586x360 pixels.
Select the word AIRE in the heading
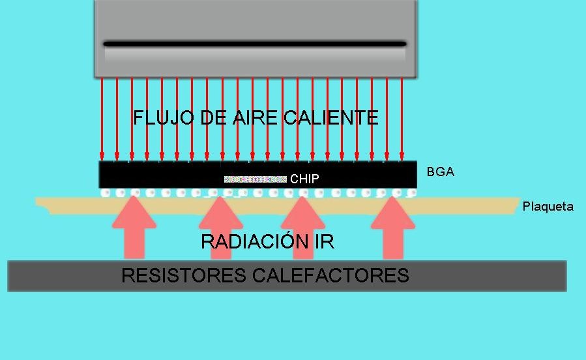coord(247,118)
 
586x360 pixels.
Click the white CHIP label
coord(304,179)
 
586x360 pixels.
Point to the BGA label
coord(440,172)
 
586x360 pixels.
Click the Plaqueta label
coord(548,207)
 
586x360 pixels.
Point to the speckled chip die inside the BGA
coord(256,179)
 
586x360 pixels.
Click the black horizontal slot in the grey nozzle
coord(254,44)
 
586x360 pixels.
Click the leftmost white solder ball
coord(104,193)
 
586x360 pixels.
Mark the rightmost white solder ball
coord(411,193)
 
